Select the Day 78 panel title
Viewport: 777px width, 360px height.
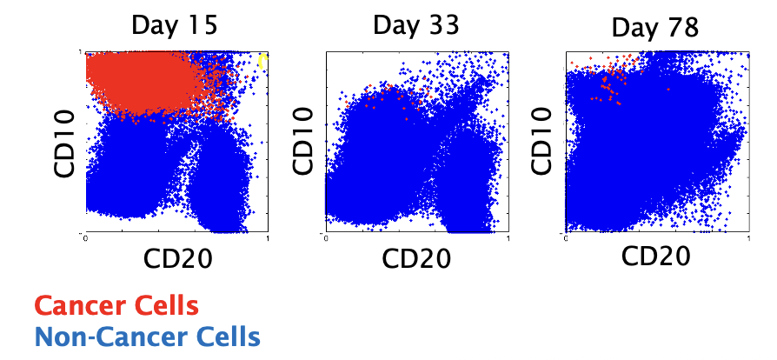tap(656, 27)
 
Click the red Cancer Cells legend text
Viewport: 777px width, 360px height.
tap(116, 306)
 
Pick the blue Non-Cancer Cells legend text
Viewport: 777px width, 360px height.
tap(147, 336)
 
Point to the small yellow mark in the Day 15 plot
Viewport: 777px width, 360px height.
tap(263, 59)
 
